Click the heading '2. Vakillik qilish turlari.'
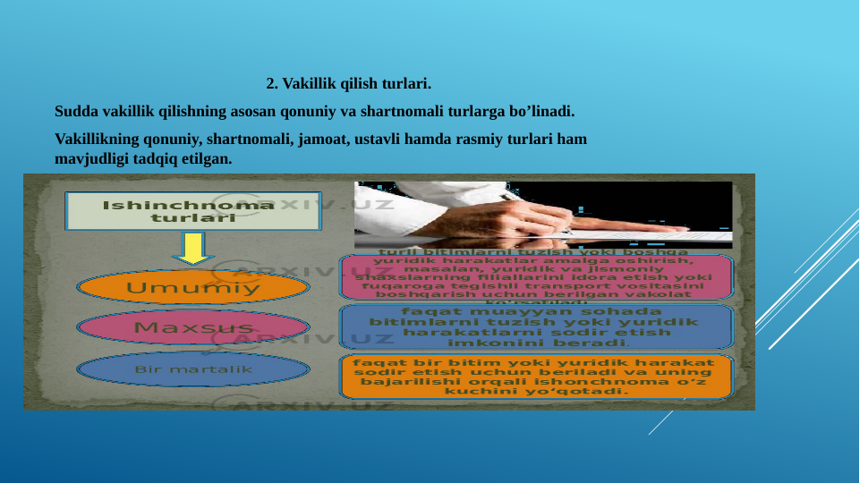click(348, 86)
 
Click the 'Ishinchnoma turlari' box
click(193, 211)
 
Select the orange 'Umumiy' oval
click(193, 288)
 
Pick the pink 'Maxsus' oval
click(193, 327)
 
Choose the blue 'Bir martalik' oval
click(193, 369)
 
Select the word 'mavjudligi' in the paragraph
click(89, 159)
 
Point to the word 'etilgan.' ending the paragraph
click(207, 159)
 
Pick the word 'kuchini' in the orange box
click(473, 391)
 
